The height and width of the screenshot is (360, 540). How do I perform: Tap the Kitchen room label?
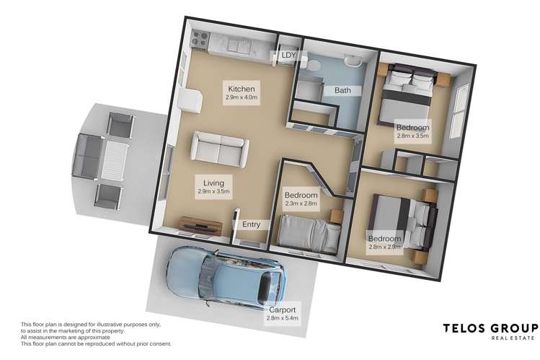click(240, 88)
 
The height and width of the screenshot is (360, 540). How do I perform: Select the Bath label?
click(342, 90)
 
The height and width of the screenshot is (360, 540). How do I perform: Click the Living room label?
click(212, 184)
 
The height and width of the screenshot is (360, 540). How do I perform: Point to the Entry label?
click(252, 225)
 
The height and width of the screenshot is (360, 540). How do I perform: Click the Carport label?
click(281, 309)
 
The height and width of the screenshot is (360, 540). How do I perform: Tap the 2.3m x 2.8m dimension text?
click(301, 205)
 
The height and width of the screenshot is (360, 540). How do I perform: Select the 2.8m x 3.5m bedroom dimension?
click(412, 135)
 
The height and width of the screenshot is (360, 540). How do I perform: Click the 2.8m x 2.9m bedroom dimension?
click(384, 248)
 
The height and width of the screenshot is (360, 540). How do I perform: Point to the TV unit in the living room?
click(196, 223)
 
